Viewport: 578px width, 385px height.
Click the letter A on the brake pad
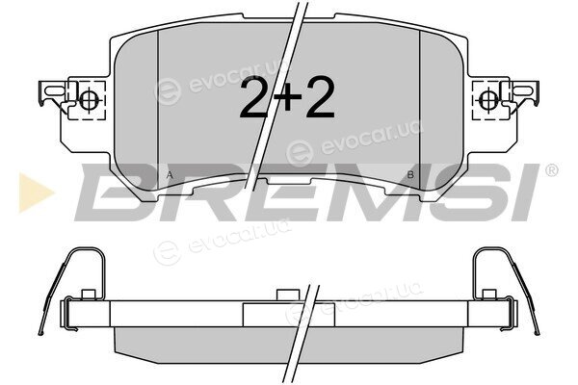click(x=170, y=175)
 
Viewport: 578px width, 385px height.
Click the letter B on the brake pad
click(x=410, y=175)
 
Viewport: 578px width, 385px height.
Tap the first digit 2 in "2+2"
click(x=255, y=97)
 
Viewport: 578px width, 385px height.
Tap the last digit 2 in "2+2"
click(x=319, y=97)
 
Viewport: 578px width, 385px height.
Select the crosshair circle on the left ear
click(x=89, y=99)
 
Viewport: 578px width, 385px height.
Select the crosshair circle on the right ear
click(x=489, y=99)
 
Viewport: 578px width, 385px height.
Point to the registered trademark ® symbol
click(x=551, y=170)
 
